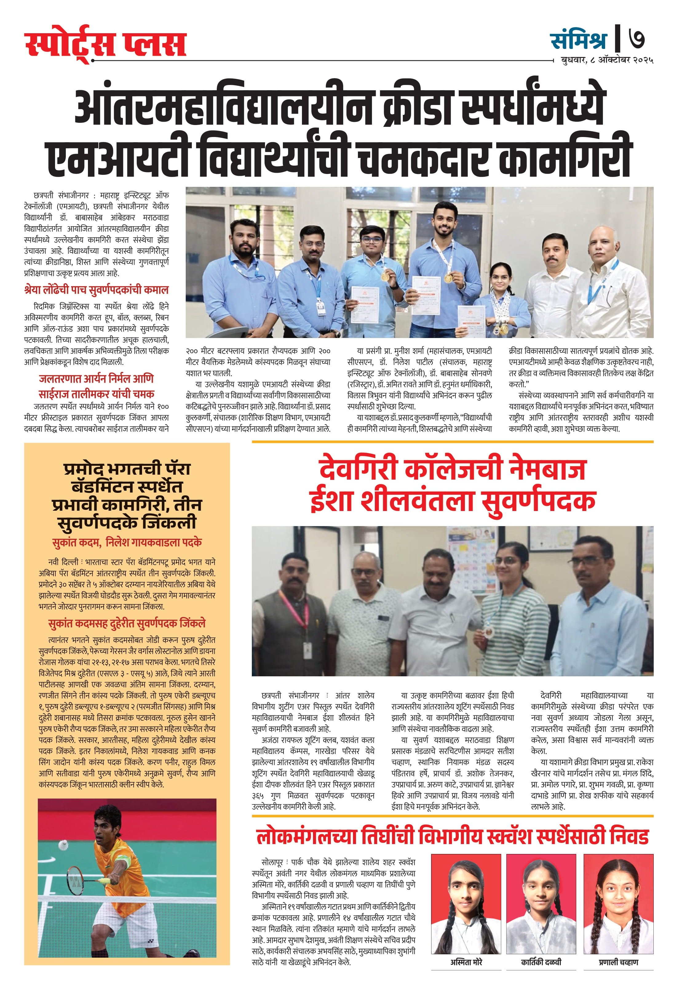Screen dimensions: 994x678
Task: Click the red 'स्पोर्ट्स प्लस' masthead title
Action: point(105,44)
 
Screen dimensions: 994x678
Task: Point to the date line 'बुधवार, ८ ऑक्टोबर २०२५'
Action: point(606,60)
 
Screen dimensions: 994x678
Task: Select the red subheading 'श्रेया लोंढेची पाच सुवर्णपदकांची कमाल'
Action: point(97,290)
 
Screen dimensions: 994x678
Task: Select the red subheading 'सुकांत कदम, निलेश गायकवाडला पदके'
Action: point(127,543)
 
